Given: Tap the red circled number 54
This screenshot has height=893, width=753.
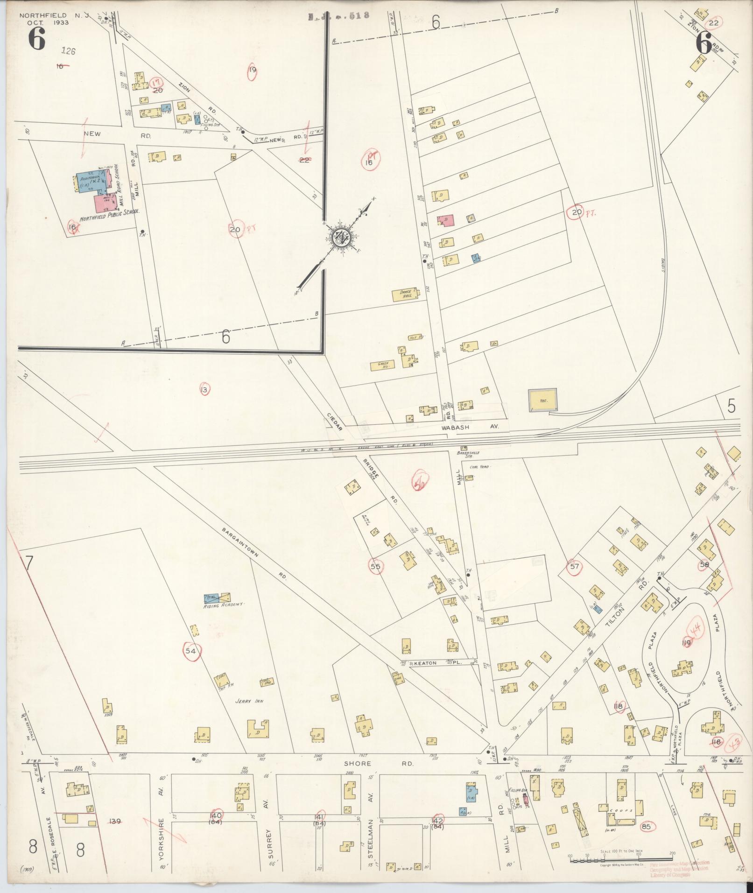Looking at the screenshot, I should coord(190,651).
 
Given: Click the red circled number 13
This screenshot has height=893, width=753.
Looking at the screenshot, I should coord(204,389).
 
